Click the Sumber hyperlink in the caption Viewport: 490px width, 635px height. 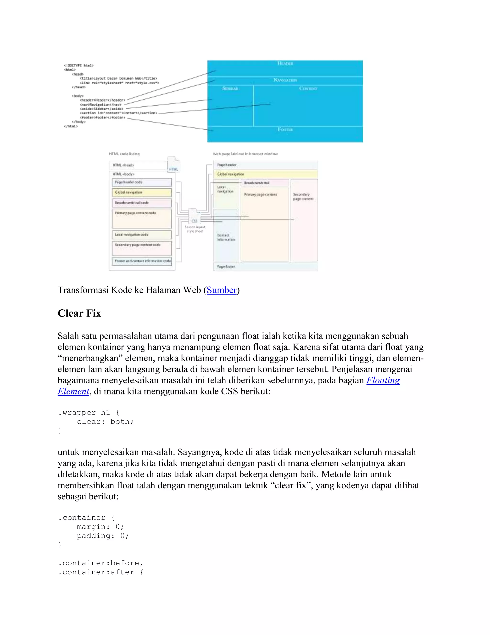[222, 290]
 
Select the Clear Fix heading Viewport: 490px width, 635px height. [79, 313]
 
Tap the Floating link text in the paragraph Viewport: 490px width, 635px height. [383, 380]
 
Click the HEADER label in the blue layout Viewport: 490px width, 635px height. [285, 63]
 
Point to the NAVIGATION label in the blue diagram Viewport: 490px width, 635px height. [285, 80]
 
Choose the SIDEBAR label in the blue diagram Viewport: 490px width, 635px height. [230, 88]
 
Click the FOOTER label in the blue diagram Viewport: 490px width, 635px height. [285, 129]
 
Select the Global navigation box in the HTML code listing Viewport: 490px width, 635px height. [142, 192]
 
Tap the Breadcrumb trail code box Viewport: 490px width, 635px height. [142, 203]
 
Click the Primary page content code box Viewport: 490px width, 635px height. [142, 218]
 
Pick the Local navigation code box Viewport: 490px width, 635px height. [142, 235]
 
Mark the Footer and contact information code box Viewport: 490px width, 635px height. [142, 261]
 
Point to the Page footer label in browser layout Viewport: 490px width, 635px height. [226, 267]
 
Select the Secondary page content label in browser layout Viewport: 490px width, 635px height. [303, 197]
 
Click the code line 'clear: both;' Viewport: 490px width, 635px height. [105, 421]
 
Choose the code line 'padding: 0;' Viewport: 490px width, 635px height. [102, 536]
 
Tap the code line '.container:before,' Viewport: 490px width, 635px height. [100, 563]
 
